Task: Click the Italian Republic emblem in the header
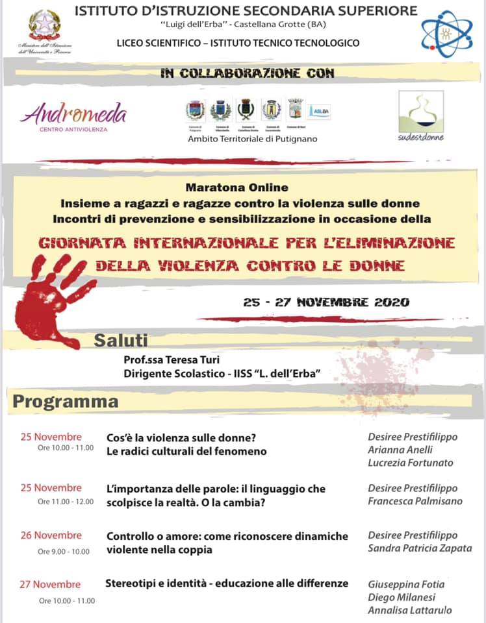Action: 44,25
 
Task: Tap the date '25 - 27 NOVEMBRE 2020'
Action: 326,302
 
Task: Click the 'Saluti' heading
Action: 122,340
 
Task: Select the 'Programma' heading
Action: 66,401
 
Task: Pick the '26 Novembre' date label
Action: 51,535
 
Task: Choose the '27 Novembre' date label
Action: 50,584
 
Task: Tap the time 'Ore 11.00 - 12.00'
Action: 66,502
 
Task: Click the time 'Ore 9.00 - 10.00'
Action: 63,552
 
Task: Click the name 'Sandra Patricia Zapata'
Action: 420,548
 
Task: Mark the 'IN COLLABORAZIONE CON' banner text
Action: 247,73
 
